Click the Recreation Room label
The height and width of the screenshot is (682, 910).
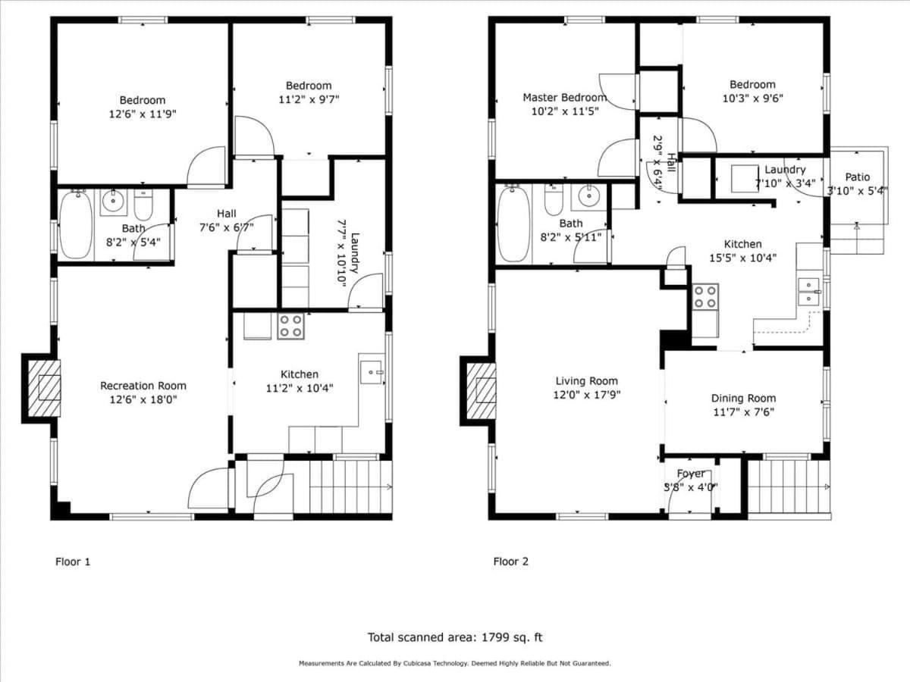(143, 386)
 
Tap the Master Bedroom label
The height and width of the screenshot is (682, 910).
(565, 98)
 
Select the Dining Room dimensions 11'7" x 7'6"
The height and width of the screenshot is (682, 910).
(743, 412)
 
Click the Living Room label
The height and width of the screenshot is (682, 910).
(586, 381)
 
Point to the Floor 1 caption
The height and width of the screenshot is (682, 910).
(73, 562)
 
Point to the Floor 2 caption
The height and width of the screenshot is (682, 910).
(511, 562)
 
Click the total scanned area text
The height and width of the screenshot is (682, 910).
(455, 637)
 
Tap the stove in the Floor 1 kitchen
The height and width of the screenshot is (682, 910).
(290, 326)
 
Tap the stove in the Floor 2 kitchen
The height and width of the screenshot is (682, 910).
(705, 297)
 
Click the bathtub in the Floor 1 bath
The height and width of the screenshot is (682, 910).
(76, 225)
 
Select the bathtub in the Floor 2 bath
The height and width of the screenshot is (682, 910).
(513, 224)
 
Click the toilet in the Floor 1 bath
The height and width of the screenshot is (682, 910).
(143, 205)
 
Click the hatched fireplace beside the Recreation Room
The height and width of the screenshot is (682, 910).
(44, 388)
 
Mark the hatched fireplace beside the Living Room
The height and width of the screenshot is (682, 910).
(481, 390)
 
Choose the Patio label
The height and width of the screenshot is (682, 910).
(858, 177)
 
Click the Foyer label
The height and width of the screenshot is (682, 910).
(691, 474)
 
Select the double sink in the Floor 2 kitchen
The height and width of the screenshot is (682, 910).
(808, 291)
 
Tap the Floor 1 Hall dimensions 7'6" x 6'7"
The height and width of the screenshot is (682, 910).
(226, 227)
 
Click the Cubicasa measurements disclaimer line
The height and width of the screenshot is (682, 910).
(455, 663)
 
